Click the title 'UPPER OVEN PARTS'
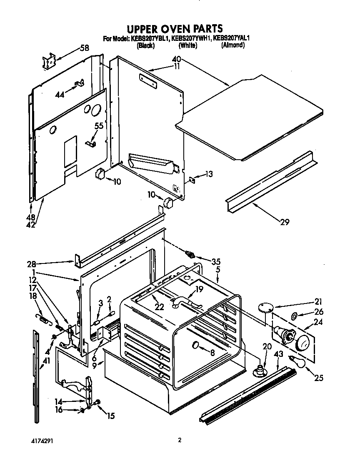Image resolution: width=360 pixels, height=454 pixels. [175, 28]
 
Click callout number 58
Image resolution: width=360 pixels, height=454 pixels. [84, 48]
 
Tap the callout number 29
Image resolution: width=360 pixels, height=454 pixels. [285, 222]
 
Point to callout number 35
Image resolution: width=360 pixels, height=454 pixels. [215, 262]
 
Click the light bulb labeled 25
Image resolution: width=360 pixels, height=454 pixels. [298, 363]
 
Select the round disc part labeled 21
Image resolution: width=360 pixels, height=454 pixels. [265, 307]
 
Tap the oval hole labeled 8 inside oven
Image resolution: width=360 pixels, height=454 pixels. [196, 345]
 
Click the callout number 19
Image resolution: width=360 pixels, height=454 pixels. [199, 288]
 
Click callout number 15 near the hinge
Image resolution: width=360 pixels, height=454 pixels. [111, 416]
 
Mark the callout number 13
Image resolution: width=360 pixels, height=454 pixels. [209, 174]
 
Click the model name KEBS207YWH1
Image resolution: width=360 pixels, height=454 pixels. [192, 39]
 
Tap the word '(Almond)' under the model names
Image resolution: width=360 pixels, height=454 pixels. [232, 45]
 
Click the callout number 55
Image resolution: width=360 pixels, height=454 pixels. [98, 125]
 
